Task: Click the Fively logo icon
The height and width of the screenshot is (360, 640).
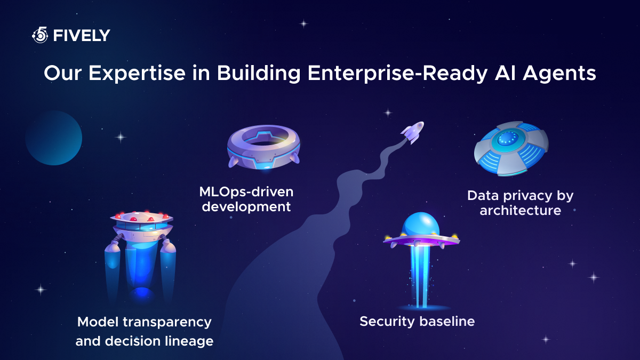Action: pyautogui.click(x=40, y=36)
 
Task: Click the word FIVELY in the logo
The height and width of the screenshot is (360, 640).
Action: pyautogui.click(x=82, y=36)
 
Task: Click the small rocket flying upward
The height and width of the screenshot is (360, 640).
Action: pyautogui.click(x=412, y=132)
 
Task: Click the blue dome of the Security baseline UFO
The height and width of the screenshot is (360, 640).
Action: pyautogui.click(x=420, y=225)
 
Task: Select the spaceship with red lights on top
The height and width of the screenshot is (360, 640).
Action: pyautogui.click(x=142, y=227)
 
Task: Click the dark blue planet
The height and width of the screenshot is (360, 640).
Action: pyautogui.click(x=53, y=138)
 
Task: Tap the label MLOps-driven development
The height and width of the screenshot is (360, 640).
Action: pyautogui.click(x=246, y=199)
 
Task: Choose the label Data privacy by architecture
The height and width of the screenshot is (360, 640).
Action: pyautogui.click(x=520, y=203)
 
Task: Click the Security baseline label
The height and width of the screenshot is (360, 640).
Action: pyautogui.click(x=417, y=322)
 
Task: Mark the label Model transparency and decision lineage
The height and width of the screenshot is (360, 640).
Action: pyautogui.click(x=145, y=331)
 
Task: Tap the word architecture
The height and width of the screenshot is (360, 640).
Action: pyautogui.click(x=520, y=211)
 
